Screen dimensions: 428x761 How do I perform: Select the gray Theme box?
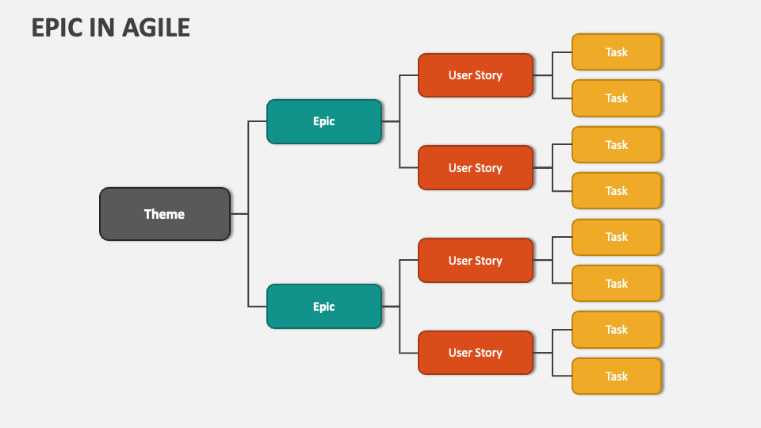(x=165, y=214)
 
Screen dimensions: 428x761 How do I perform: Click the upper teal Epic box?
(x=323, y=121)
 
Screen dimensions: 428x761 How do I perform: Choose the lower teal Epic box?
(x=323, y=307)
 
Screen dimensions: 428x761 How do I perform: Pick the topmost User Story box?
(x=475, y=75)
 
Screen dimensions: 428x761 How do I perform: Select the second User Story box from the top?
(x=475, y=168)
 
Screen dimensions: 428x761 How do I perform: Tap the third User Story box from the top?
(x=475, y=261)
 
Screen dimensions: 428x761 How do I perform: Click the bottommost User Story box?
(x=475, y=353)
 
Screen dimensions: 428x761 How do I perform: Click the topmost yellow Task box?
(x=616, y=52)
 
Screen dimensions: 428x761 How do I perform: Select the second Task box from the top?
(x=616, y=98)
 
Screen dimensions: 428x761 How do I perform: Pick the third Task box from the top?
(x=616, y=145)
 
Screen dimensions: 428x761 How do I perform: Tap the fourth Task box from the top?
(x=616, y=191)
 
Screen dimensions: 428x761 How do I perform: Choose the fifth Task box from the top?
(x=616, y=237)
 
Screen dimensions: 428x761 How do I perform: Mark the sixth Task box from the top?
(x=616, y=284)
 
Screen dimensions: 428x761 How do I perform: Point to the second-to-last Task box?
(x=616, y=330)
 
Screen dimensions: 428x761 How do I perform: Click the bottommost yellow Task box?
(x=616, y=376)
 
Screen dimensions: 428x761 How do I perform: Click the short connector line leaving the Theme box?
(x=239, y=214)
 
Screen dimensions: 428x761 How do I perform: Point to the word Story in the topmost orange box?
(x=488, y=75)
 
